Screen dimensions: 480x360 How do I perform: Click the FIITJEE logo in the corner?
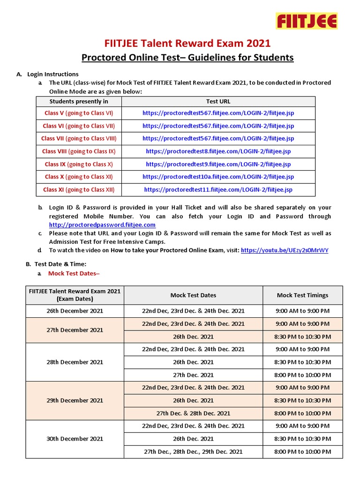click(x=306, y=21)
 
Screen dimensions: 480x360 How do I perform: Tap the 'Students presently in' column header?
click(x=79, y=101)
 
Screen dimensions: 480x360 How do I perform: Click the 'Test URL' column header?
click(x=218, y=101)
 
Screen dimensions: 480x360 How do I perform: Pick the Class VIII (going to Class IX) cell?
click(x=79, y=151)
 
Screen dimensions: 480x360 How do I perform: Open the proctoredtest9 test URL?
click(x=218, y=164)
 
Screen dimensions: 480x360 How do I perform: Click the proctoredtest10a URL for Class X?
click(x=218, y=177)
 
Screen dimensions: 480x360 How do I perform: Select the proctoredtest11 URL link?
click(x=218, y=190)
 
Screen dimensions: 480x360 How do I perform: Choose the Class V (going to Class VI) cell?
click(x=79, y=113)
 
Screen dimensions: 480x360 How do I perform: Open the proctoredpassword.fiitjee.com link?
click(x=102, y=225)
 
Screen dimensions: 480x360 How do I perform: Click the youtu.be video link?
click(x=285, y=250)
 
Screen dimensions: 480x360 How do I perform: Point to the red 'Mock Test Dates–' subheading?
click(x=74, y=274)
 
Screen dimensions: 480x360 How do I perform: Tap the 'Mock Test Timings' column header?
click(x=302, y=295)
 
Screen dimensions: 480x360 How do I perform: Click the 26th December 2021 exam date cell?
click(x=75, y=311)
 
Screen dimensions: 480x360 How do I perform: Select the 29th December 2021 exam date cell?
click(x=75, y=400)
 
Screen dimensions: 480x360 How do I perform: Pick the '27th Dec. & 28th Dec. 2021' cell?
click(x=193, y=413)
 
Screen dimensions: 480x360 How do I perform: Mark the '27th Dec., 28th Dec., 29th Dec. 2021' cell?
click(x=193, y=452)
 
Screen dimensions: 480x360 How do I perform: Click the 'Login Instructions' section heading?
click(x=53, y=74)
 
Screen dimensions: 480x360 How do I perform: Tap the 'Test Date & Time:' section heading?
click(x=57, y=264)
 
